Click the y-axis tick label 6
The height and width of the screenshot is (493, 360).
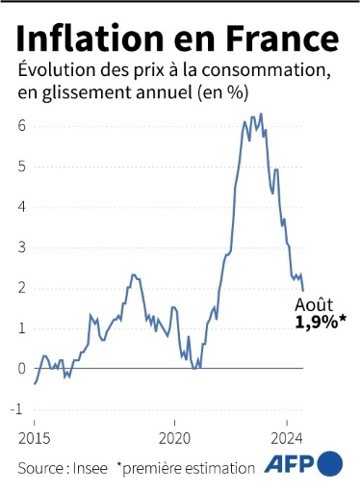pos(21,126)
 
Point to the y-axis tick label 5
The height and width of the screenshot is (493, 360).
pos(21,167)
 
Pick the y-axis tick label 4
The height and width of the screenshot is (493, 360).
pos(21,207)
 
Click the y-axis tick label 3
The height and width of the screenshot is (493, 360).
pos(21,247)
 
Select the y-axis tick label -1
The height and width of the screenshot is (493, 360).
pos(19,409)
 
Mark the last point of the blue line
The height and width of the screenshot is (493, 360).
pos(303,291)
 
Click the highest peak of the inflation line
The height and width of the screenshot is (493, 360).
pos(261,114)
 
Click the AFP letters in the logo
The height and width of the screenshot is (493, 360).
pos(288,465)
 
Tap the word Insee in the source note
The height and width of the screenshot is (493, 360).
pos(87,468)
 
